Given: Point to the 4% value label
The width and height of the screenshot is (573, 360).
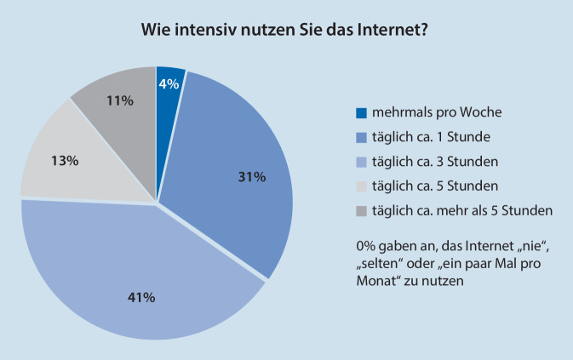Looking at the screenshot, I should (168, 83).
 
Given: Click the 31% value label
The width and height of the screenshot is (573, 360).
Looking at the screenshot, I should (252, 177).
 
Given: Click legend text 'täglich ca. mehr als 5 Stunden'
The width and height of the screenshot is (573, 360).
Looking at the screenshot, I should (456, 209).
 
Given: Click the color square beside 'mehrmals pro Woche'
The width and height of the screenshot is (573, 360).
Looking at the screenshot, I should (361, 112).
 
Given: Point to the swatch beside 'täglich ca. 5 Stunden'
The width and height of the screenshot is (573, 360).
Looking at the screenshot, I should (361, 186).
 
